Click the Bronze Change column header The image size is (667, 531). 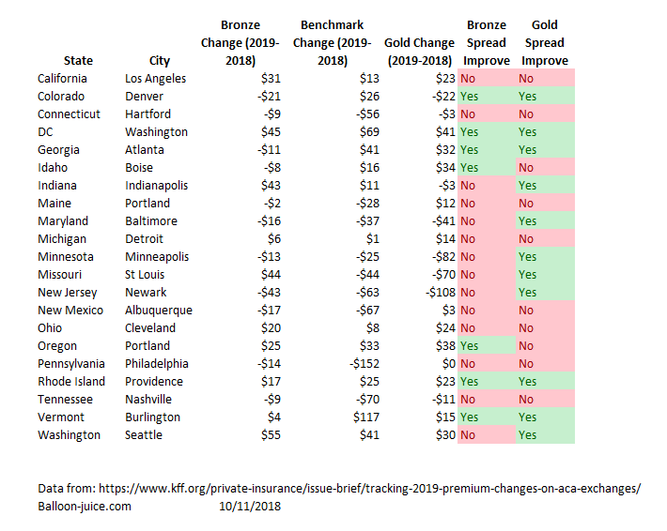coord(240,42)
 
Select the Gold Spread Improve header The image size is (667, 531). coord(545,42)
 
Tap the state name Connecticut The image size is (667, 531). coord(69,114)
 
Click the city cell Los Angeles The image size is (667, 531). coord(155,79)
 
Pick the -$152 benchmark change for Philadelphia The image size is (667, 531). coord(365,364)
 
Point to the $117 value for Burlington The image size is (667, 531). coord(366,417)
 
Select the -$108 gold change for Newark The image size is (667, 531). coord(441,293)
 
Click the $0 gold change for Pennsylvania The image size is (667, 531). coord(448,364)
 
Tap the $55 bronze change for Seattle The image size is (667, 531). coord(271,435)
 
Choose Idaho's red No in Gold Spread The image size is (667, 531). coord(526,168)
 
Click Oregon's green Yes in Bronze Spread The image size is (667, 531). coord(469,346)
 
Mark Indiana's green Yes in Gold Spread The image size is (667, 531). coord(527,186)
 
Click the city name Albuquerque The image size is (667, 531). coord(159,311)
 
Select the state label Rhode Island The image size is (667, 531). coord(71,382)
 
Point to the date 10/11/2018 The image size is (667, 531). coord(250,507)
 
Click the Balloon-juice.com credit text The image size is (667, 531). coord(85,507)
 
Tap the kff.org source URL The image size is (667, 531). coord(369,489)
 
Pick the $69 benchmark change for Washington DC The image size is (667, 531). coord(369,132)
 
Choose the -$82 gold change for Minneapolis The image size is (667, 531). coord(443,256)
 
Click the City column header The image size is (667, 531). coord(160,61)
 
